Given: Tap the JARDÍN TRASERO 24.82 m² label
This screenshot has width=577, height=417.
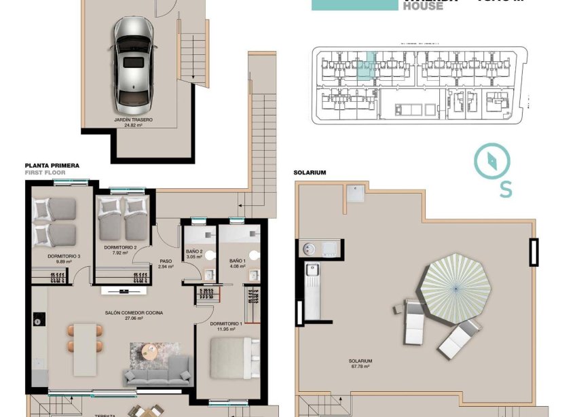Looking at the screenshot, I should point(133,122).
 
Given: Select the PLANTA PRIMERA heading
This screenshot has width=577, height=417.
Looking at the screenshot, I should point(52,166).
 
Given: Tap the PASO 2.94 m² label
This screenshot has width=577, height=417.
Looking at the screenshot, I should point(166,264).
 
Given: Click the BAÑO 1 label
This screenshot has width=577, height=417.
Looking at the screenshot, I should point(237,264).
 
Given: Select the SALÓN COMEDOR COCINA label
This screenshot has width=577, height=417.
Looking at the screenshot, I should point(124,314).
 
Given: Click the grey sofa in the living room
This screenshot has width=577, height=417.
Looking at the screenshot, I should point(157,372).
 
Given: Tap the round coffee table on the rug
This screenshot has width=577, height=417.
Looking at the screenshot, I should point(150,353).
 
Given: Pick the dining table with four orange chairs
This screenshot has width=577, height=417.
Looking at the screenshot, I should point(85,338).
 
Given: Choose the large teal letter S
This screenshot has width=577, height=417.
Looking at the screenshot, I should point(506,191).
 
